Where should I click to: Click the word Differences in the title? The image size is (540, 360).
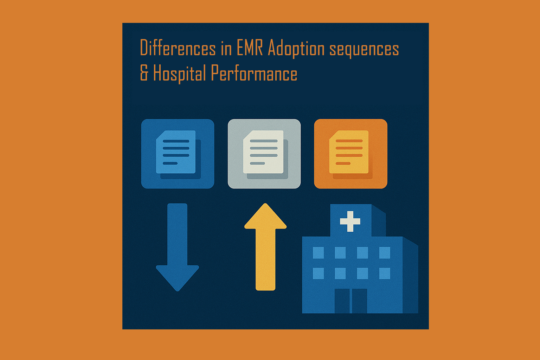coord(178,48)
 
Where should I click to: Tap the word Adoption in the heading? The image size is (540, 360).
coord(296,49)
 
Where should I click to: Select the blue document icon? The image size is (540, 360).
coord(176,152)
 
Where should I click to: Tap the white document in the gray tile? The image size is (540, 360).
coord(263,152)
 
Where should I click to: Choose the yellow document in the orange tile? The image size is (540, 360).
coord(349,152)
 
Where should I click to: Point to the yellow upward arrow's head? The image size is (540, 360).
coord(265,218)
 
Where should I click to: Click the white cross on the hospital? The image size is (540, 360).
coord(350,221)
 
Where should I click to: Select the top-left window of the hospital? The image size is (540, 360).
coord(318,252)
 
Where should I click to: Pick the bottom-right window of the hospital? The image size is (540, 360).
coord(385,273)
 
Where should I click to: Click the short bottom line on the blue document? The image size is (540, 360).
coord(170,163)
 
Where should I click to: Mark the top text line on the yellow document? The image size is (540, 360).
coord(349,141)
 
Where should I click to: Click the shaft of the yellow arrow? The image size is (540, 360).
coord(265,260)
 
